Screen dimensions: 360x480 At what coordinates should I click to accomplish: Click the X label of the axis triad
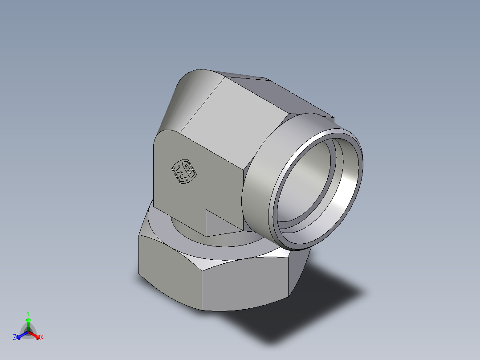(x=42, y=338)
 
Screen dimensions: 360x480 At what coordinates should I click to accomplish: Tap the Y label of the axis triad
(x=28, y=313)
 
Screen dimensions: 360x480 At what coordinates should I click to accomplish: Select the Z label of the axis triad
(x=15, y=338)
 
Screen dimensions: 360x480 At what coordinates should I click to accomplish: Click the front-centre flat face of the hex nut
(x=244, y=285)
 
